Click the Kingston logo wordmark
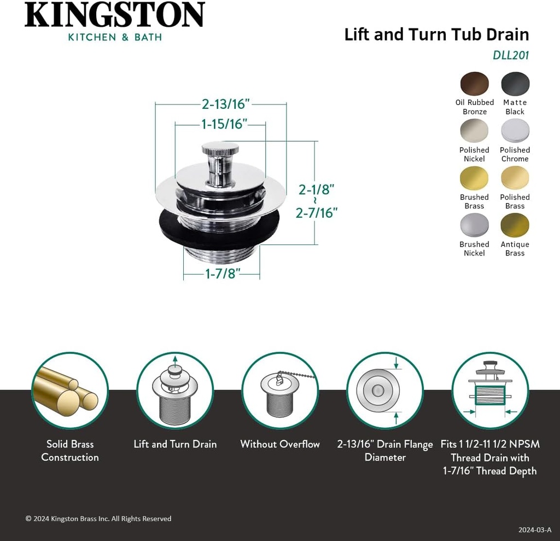click(114, 15)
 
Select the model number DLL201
click(511, 55)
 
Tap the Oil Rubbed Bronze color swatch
click(474, 84)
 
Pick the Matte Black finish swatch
click(515, 84)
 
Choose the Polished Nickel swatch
click(474, 131)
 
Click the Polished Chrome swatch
click(515, 131)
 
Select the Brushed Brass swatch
click(474, 178)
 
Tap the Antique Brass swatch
click(515, 225)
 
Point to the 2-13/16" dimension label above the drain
click(225, 103)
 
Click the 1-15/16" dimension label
click(224, 124)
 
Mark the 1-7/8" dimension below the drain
click(223, 274)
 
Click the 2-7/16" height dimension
click(316, 213)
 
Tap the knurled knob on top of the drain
click(220, 149)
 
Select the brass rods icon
click(69, 391)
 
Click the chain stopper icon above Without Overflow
click(280, 391)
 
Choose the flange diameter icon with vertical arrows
click(385, 391)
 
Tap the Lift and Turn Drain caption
click(175, 444)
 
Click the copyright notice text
click(98, 519)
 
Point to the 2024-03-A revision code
click(535, 530)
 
